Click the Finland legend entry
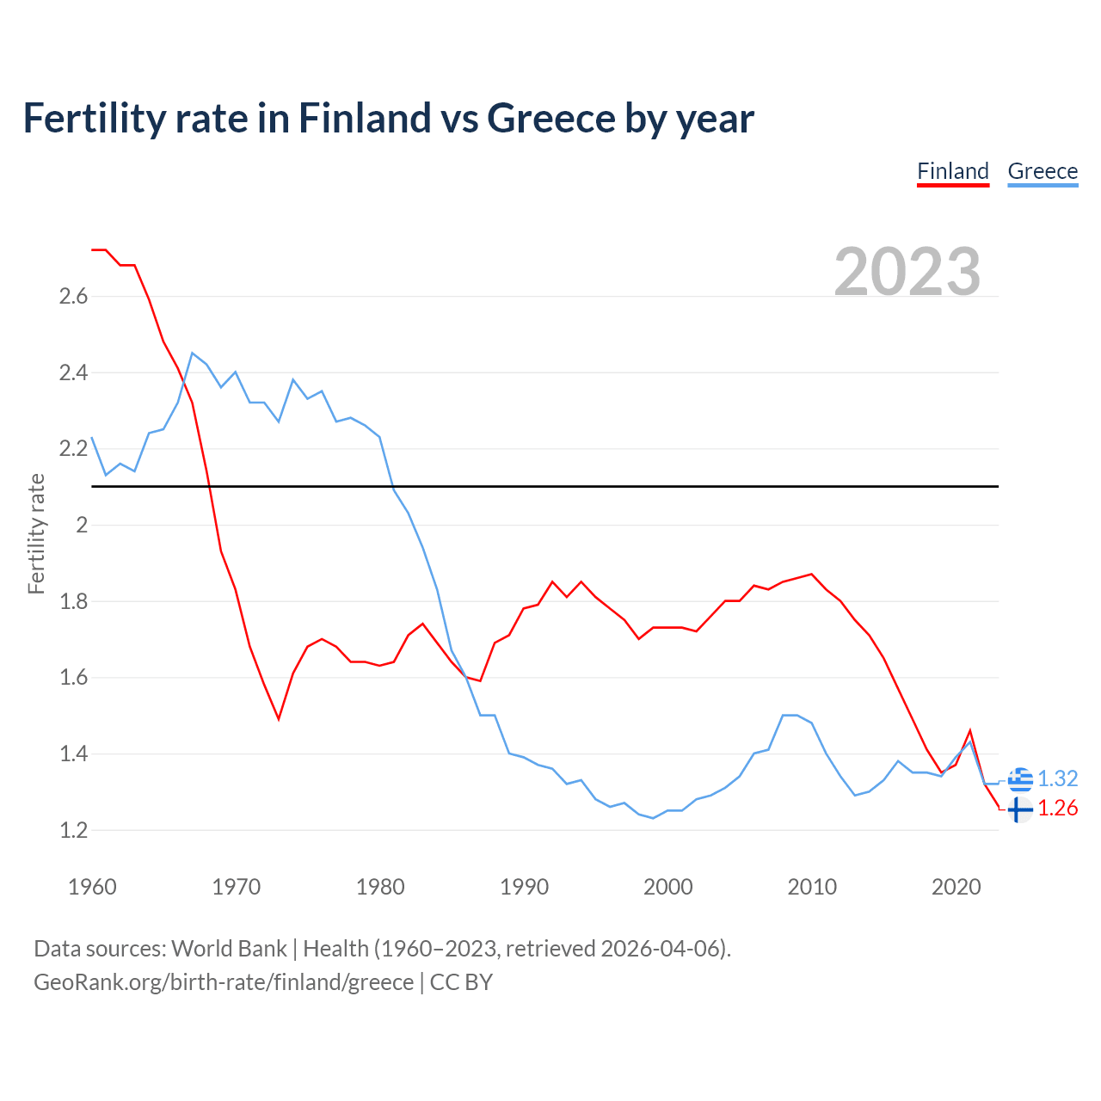(x=953, y=171)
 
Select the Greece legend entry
(x=1043, y=171)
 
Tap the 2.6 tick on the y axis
(x=73, y=297)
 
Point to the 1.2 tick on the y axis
(x=73, y=831)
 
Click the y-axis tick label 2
(x=82, y=526)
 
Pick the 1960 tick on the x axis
(x=92, y=887)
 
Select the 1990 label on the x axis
(x=524, y=887)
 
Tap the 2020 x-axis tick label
(x=956, y=887)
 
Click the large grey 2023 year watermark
(x=907, y=272)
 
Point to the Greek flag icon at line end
(x=1020, y=779)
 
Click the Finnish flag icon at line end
(x=1020, y=809)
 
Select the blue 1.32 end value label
(x=1057, y=779)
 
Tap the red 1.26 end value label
(x=1057, y=809)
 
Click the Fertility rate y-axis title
(x=36, y=533)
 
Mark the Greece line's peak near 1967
(x=193, y=353)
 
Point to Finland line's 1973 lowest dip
(x=279, y=718)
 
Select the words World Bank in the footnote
(x=229, y=949)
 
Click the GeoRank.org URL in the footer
(x=224, y=982)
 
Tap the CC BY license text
(x=461, y=982)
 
